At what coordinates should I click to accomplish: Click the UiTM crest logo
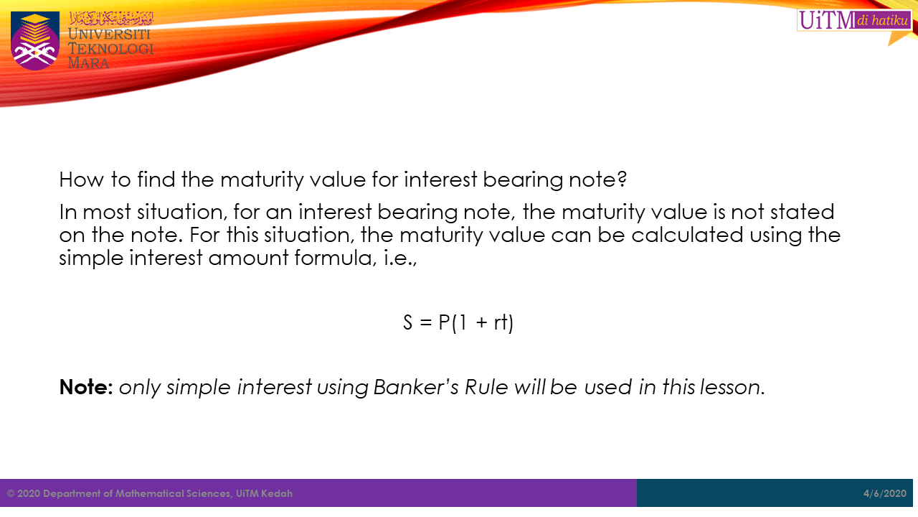coord(35,41)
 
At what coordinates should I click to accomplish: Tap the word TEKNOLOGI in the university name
coord(110,49)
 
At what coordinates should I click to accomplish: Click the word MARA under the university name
coord(88,63)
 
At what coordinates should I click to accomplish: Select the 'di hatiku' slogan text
coord(883,20)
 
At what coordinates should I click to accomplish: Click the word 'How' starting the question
coord(82,180)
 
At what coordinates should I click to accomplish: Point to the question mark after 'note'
coord(622,180)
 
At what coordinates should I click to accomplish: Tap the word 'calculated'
coord(687,235)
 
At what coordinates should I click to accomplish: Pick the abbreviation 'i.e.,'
coord(400,258)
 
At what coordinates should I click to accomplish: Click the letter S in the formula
coord(408,322)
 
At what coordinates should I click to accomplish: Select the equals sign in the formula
coord(426,322)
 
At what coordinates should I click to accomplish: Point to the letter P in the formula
coord(444,322)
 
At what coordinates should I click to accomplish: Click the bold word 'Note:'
coord(86,387)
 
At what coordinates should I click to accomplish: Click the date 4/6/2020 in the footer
coord(885,493)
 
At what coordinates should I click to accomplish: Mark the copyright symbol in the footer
coord(11,493)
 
